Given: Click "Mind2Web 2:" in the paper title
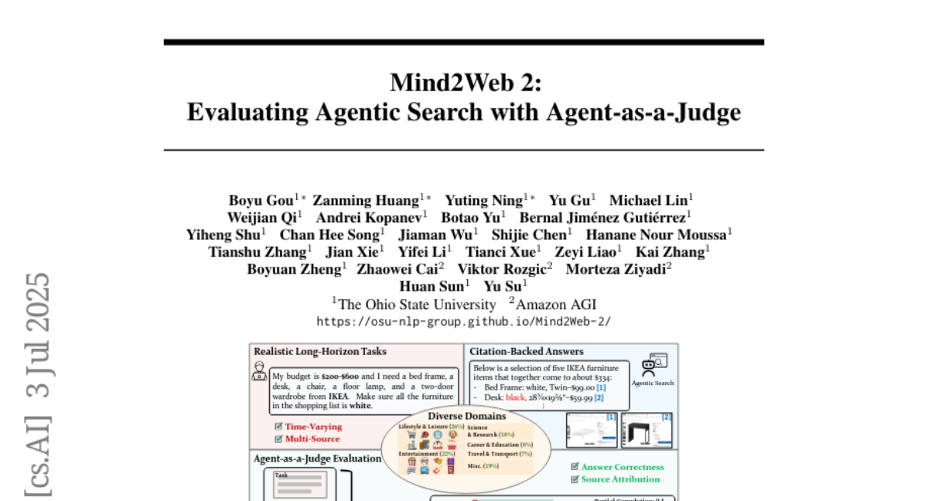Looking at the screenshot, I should click(464, 82).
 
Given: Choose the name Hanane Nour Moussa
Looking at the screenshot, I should click(656, 234).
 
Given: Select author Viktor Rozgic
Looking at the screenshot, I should click(501, 269).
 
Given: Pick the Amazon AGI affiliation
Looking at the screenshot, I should click(556, 305).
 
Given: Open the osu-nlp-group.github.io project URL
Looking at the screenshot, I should click(464, 321).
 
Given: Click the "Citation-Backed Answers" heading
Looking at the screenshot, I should click(526, 352).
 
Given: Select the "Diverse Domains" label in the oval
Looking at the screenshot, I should click(466, 416).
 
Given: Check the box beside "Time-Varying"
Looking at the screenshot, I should click(278, 427).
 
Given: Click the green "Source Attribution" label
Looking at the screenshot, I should click(620, 479).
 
